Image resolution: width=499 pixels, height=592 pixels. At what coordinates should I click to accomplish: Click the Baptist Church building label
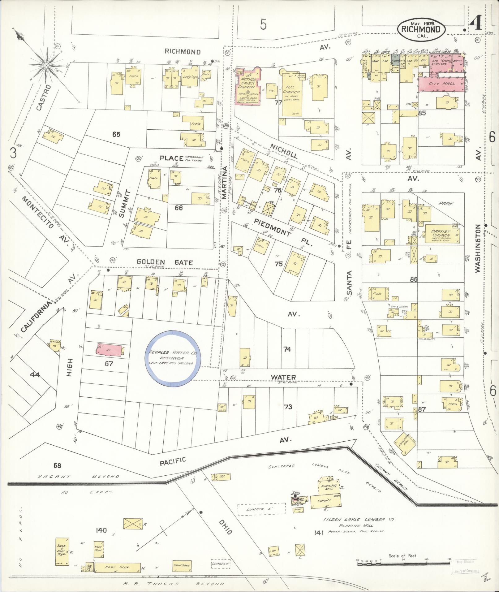[441, 233]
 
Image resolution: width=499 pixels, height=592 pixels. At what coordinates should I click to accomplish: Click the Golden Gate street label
[165, 263]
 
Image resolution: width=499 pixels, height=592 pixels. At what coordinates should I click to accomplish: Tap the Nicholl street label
[283, 151]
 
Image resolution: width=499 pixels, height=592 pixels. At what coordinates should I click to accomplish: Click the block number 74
[287, 349]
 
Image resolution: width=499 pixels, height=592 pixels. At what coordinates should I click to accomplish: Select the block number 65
[116, 134]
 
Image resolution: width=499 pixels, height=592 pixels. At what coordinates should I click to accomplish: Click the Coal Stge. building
[116, 567]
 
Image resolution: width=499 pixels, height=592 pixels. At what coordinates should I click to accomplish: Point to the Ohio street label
[226, 527]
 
